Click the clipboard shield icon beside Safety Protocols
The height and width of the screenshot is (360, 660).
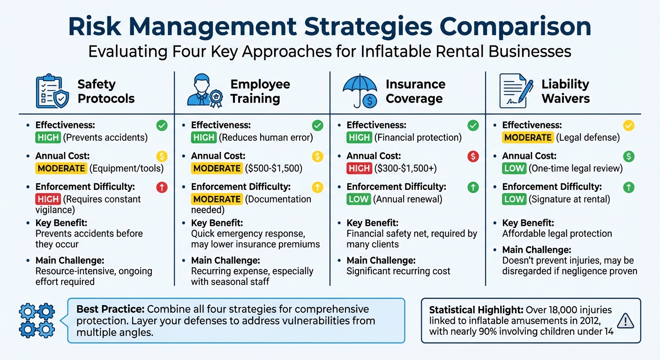point(52,91)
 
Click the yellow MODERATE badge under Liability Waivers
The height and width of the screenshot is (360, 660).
point(527,137)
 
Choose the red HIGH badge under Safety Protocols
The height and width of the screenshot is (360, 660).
point(48,199)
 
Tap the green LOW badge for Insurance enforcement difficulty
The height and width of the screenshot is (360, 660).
point(359,199)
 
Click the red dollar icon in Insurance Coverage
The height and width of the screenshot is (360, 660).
point(473,157)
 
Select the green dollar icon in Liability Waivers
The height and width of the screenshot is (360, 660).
point(629,157)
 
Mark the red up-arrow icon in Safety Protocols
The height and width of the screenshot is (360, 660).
point(162,187)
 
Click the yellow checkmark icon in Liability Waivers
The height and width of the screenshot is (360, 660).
point(629,125)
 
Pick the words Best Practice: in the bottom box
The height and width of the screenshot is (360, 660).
point(111,309)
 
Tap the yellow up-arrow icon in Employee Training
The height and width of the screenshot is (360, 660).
point(317,187)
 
